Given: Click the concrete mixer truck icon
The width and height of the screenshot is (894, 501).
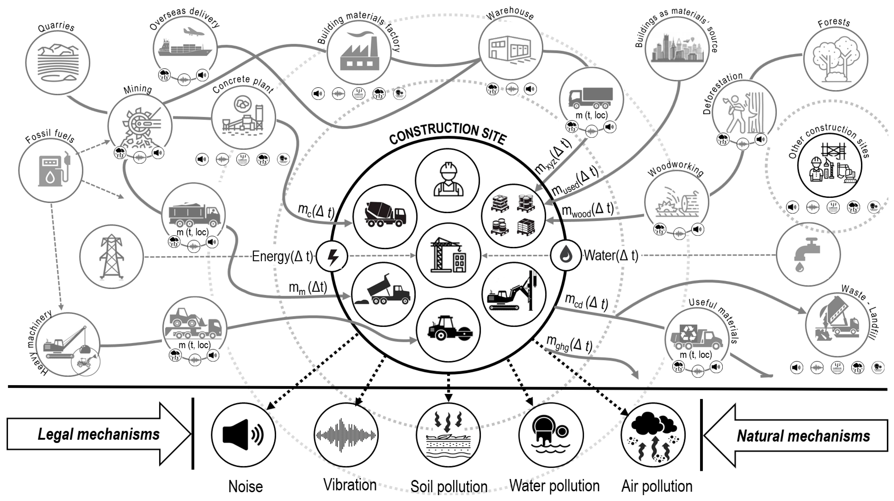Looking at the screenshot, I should click(384, 216).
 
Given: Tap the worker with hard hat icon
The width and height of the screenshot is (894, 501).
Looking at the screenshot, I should click(448, 180).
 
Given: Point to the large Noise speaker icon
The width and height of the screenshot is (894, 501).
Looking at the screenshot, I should click(243, 435).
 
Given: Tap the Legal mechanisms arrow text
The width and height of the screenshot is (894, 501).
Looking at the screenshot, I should click(99, 434).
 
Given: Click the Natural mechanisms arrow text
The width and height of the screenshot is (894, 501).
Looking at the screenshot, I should click(803, 436).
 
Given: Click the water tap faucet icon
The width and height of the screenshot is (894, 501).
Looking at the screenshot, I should click(807, 255).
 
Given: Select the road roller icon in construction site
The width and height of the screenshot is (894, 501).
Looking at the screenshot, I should click(448, 328).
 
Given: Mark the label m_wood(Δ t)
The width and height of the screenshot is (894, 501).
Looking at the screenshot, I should click(587, 210).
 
